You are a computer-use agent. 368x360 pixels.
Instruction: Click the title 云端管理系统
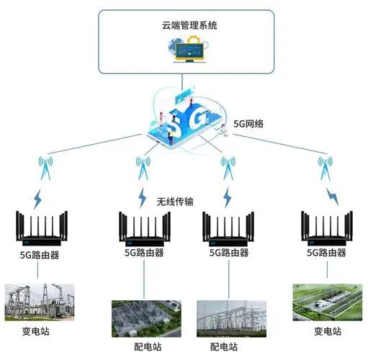point(189,25)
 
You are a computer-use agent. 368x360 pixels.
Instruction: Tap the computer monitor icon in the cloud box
point(189,52)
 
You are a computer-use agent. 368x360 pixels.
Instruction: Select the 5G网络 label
point(248,124)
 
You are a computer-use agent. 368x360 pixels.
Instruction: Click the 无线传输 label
point(175,202)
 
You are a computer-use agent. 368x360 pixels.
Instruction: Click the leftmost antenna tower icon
point(45,168)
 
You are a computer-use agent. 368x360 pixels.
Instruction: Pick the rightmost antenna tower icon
point(326,168)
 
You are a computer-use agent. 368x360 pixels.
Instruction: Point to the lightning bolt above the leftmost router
point(37,199)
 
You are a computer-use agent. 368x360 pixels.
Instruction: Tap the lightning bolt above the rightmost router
point(333,197)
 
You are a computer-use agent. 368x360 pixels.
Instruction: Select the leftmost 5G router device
point(42,228)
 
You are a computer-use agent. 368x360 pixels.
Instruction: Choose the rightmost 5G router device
point(327,228)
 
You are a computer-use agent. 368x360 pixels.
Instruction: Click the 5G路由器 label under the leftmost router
point(40,255)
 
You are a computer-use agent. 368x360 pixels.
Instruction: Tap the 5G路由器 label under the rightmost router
point(326,253)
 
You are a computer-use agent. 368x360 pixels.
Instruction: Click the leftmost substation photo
point(40,302)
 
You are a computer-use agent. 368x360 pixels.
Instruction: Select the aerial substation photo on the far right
point(328,302)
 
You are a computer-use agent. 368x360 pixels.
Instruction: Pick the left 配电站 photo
point(146,319)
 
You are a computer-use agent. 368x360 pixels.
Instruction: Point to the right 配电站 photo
point(231,319)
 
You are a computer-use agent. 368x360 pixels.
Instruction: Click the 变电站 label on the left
point(36,331)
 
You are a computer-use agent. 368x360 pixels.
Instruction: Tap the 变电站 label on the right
point(328,331)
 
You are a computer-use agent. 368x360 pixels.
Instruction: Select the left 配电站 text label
point(148,347)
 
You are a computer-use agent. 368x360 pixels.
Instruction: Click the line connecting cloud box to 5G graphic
point(182,83)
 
